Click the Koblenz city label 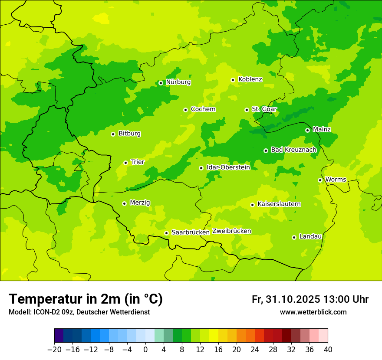tap(250, 79)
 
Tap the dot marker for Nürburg tap(161, 83)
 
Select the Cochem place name tap(203, 109)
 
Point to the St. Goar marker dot tap(247, 110)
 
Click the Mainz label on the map tap(322, 129)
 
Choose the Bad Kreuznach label tap(293, 150)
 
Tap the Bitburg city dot tap(113, 134)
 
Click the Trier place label tap(137, 162)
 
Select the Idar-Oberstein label tap(228, 167)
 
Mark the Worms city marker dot tap(320, 180)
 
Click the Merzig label tap(140, 203)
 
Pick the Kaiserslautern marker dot tap(252, 205)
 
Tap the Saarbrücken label tap(191, 232)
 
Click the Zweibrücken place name tap(231, 231)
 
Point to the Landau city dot tap(294, 237)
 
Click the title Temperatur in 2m tap(86, 299)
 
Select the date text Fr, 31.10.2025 tap(285, 299)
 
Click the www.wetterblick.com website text tap(313, 312)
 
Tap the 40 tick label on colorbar tap(328, 350)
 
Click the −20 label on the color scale tap(54, 350)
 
